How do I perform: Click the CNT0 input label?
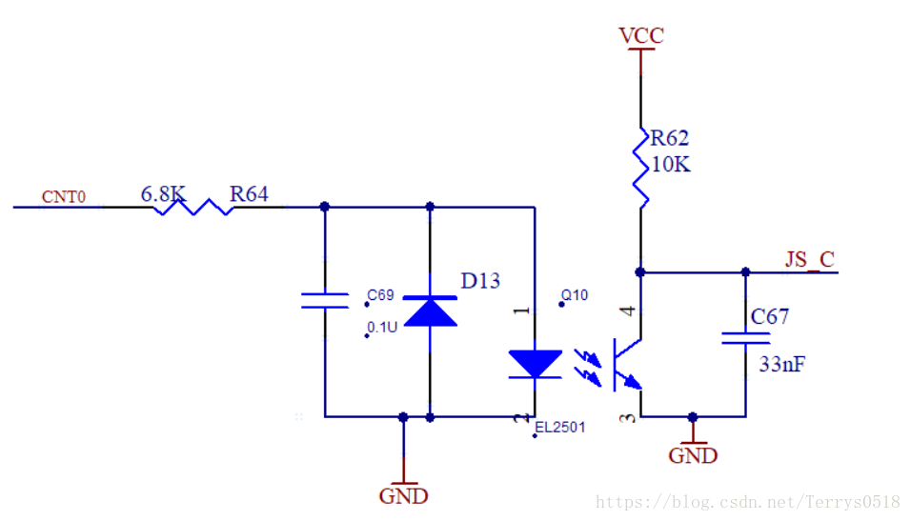(64, 198)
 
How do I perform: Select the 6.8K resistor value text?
(162, 194)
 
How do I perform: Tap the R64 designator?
(249, 194)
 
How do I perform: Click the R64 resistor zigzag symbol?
(193, 207)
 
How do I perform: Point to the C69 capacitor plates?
(325, 301)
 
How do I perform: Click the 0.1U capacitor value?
(384, 328)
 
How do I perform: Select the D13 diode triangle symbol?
(430, 311)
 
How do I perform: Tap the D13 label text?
(480, 281)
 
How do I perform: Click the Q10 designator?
(575, 296)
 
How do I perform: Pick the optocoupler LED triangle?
(535, 363)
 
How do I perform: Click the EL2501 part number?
(560, 428)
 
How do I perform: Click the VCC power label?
(641, 36)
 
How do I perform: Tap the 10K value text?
(671, 165)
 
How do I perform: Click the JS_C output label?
(810, 260)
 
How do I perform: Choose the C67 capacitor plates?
(745, 337)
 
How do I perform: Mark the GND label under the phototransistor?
(693, 455)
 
